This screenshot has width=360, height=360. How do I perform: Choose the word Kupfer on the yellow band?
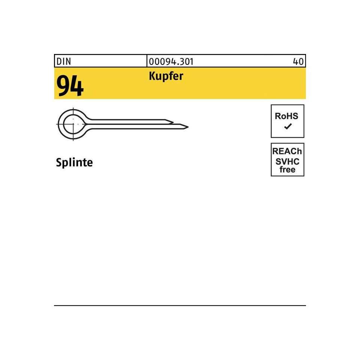click(x=165, y=76)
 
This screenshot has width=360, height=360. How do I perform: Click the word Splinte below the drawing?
click(x=74, y=162)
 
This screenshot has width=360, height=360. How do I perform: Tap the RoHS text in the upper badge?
click(x=287, y=116)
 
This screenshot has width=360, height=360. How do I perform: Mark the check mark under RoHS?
click(x=288, y=127)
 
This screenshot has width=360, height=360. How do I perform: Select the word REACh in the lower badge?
click(x=288, y=151)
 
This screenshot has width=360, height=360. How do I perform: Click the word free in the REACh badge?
click(x=288, y=169)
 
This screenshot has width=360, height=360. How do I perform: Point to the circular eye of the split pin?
click(x=72, y=123)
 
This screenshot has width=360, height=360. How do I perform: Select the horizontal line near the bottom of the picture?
click(x=180, y=306)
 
